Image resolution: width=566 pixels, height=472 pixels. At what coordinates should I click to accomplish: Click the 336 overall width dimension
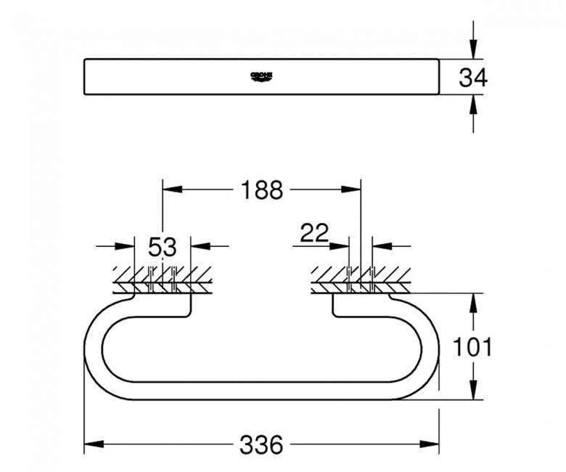click(261, 445)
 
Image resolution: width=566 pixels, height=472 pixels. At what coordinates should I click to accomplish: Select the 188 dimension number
click(261, 190)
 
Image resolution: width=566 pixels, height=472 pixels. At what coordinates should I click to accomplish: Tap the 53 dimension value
click(162, 247)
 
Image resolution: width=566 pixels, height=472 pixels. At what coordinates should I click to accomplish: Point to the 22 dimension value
click(314, 233)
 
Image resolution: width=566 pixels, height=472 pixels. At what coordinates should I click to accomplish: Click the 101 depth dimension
click(472, 347)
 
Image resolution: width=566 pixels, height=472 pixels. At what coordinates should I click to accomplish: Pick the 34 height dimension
click(473, 78)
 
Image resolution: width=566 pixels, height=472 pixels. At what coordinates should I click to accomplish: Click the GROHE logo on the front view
click(261, 76)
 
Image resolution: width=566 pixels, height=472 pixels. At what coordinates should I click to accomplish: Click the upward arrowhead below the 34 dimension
click(473, 105)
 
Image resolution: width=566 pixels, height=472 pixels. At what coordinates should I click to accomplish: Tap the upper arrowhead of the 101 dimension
click(473, 302)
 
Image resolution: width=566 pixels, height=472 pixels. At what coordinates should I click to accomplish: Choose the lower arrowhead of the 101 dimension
click(473, 391)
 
